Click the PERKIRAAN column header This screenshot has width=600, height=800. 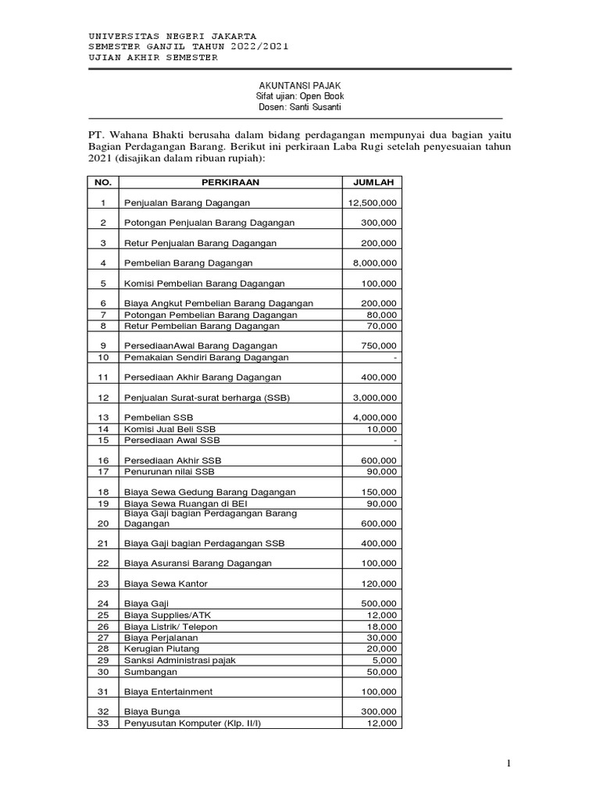click(x=230, y=182)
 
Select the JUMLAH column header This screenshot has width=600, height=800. click(x=372, y=182)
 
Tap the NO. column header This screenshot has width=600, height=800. click(x=102, y=182)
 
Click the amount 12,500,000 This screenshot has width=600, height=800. click(x=372, y=203)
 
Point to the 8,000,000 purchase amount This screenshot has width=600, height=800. click(x=372, y=263)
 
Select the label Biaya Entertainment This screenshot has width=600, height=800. click(x=168, y=692)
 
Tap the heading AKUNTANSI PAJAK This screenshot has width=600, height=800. click(x=300, y=84)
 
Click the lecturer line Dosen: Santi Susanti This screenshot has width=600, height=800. click(x=300, y=107)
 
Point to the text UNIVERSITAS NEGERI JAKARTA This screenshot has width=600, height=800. click(x=173, y=36)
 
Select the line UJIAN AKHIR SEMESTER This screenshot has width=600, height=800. click(x=153, y=58)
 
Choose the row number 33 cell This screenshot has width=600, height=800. click(x=102, y=723)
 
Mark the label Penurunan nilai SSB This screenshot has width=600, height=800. click(x=169, y=472)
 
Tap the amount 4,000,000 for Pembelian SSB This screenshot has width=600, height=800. click(x=372, y=418)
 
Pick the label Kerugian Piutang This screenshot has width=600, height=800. click(x=162, y=649)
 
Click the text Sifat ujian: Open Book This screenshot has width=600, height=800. click(x=300, y=95)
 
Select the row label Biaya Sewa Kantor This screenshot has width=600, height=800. click(x=166, y=584)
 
